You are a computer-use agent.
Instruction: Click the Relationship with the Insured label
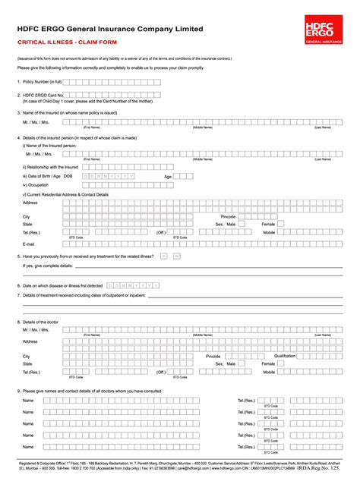50,167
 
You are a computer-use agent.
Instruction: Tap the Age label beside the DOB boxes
169,175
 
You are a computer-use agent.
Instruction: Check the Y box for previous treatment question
163,256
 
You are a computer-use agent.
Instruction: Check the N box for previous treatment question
176,256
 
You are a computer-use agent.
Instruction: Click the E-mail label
29,244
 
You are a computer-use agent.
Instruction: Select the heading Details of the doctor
45,322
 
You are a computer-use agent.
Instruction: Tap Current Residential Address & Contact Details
66,194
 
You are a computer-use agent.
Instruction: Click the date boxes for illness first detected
134,285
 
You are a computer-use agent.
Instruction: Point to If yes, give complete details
48,266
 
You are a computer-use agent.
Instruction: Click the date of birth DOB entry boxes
109,176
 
